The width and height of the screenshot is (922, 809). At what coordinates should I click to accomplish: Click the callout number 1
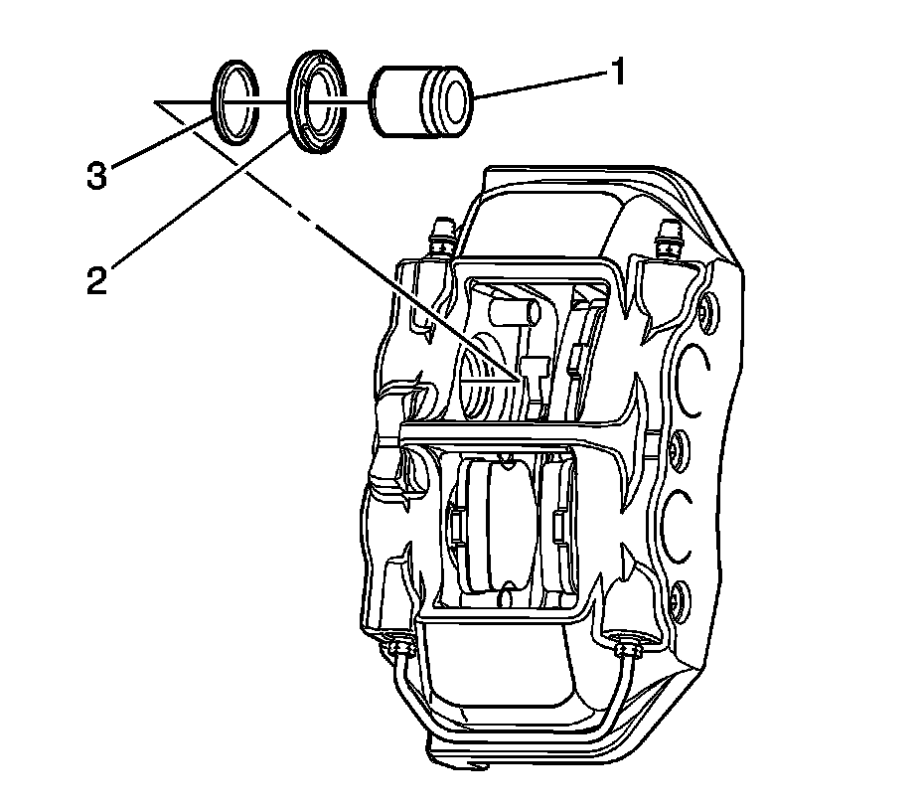point(617,74)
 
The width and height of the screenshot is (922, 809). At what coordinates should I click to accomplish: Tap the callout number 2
point(95,279)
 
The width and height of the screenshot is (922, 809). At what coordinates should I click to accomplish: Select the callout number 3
point(95,177)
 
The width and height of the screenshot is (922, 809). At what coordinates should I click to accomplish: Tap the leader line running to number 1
point(537,85)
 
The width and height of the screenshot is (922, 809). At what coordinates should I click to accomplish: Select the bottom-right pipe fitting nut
point(627,651)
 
